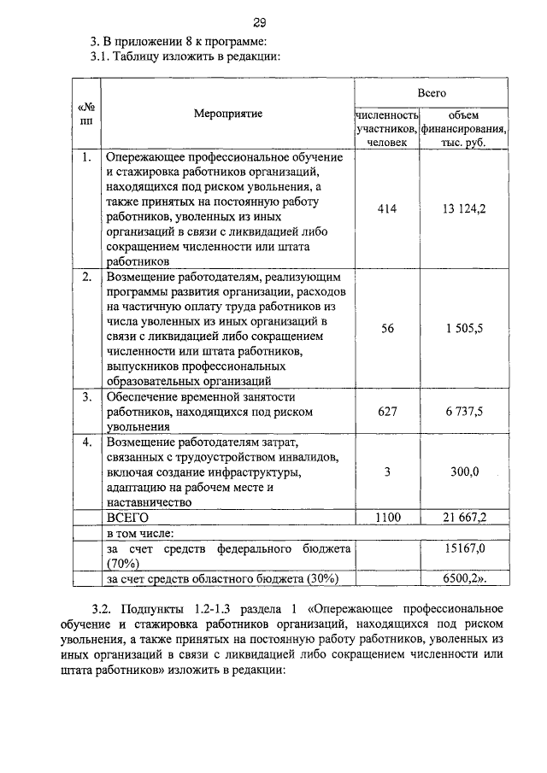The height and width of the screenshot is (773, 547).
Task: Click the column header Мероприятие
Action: coord(228,114)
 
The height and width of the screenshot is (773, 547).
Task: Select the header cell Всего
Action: coord(432,91)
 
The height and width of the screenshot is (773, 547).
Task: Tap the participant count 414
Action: coord(387,208)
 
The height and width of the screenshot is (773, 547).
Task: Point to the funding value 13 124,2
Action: coord(465,208)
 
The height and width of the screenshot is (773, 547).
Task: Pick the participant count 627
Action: coord(387,411)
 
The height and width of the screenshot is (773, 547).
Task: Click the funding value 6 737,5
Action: coord(465,411)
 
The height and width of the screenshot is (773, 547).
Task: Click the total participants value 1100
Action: coord(387,518)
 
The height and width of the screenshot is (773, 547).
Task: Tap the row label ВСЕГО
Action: coord(127,518)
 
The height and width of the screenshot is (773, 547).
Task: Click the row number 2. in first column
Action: coord(86,278)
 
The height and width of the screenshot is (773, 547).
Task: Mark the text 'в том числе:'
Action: coord(139,533)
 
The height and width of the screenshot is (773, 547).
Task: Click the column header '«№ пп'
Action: coord(86,114)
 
